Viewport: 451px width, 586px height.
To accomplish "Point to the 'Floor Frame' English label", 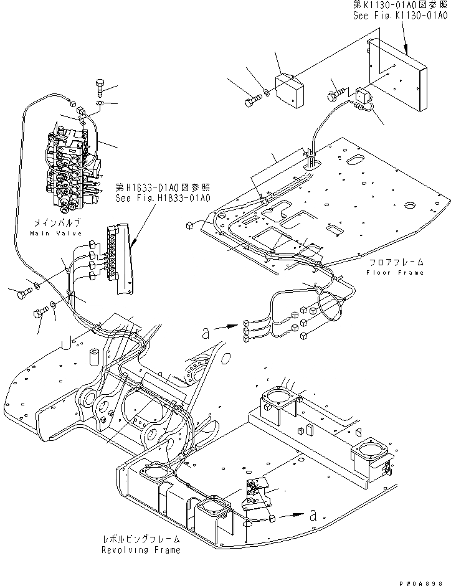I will tap(394, 272).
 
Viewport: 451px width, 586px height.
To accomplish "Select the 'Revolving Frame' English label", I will tap(142, 550).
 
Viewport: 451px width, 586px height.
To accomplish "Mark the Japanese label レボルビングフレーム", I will tap(142, 540).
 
